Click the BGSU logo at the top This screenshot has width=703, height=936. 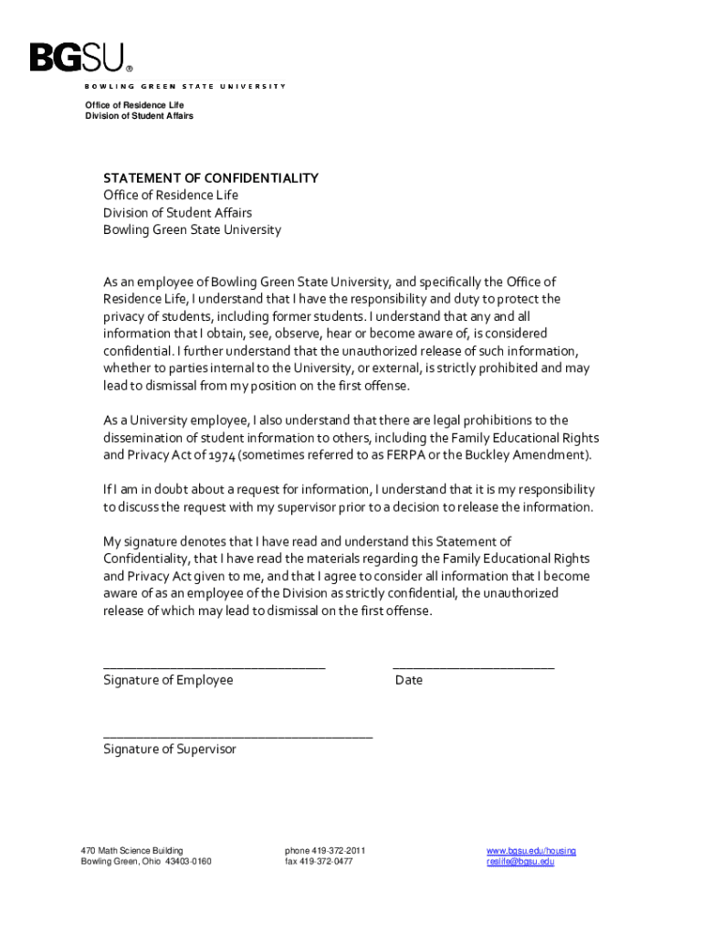point(80,58)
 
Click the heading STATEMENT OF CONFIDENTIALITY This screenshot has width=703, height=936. point(211,178)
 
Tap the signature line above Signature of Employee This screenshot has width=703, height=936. point(214,668)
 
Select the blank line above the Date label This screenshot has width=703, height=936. point(473,668)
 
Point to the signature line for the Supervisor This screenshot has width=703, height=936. point(237,736)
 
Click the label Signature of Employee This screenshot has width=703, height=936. point(168,680)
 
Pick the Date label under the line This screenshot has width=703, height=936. point(409,680)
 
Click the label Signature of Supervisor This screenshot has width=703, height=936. point(170,750)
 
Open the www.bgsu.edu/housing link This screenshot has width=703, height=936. point(531,851)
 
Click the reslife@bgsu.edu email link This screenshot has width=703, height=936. point(520,862)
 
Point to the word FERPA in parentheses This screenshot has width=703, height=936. point(408,455)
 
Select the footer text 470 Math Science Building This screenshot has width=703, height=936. point(131,851)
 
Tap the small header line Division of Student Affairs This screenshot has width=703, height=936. point(139,116)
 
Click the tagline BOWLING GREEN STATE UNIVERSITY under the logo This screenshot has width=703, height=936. point(185,86)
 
